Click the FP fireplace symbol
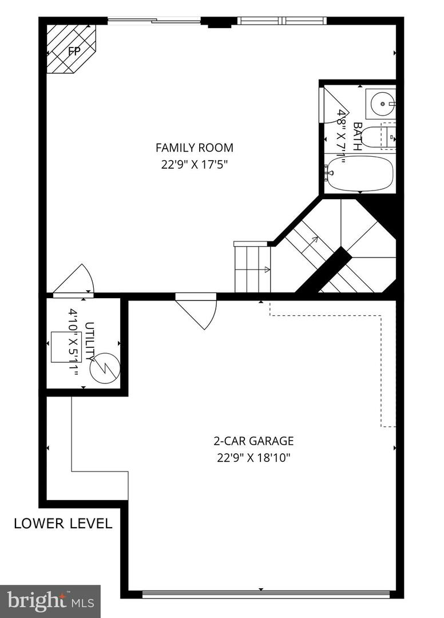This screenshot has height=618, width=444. (71, 49)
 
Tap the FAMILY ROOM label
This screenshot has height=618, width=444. (195, 148)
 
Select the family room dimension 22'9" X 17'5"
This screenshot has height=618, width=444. (195, 164)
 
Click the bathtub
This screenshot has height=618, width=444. (360, 173)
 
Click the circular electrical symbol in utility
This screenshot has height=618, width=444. (105, 367)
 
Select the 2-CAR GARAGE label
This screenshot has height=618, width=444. (253, 441)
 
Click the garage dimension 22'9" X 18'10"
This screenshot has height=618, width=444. (253, 458)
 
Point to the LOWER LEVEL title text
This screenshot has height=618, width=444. (63, 524)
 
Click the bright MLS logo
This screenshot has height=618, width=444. (50, 601)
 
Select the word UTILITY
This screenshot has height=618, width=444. (90, 342)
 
